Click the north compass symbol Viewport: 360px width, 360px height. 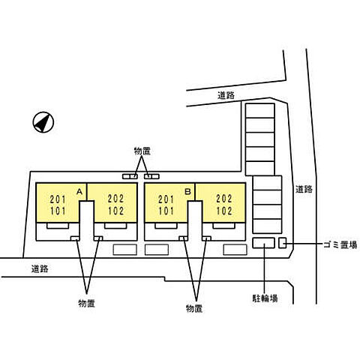point(43,122)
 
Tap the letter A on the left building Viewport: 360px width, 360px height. point(79,191)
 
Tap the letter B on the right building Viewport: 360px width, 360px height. point(187,191)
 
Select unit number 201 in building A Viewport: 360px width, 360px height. point(58,199)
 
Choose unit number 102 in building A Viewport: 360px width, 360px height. point(116,211)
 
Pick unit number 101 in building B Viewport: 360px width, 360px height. point(166,211)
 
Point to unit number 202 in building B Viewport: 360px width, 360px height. point(224,199)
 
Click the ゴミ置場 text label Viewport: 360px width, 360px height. point(340,244)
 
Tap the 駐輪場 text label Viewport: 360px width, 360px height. point(265,298)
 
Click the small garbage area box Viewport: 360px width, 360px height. point(283,243)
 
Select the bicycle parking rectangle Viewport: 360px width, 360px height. point(263,243)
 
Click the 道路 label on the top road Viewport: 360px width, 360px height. point(226,95)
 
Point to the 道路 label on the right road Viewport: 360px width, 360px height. point(304,189)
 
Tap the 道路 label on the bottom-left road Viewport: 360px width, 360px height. point(40,269)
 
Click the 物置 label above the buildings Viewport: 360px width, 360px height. point(142,151)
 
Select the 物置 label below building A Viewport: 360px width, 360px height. point(86,304)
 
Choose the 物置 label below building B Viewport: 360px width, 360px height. point(194,308)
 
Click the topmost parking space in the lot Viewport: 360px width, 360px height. point(260,110)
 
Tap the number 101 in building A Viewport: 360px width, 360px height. point(58,211)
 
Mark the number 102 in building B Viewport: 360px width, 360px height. point(224,211)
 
